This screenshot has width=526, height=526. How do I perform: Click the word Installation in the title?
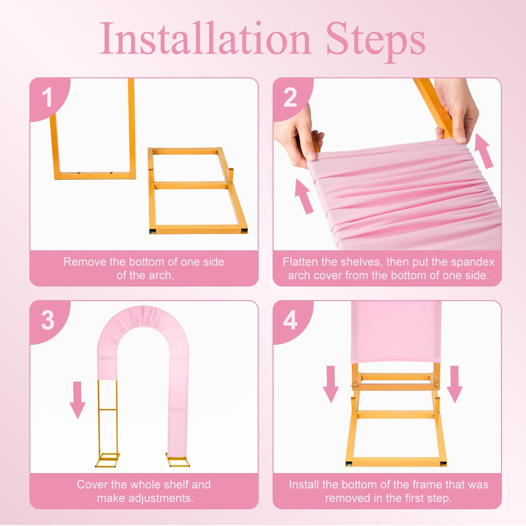(x=205, y=38)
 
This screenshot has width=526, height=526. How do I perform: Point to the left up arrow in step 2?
(x=304, y=196)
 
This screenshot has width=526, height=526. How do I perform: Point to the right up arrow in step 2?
(x=484, y=151)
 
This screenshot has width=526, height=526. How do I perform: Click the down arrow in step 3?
(x=78, y=400)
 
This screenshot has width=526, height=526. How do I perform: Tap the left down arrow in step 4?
(x=331, y=384)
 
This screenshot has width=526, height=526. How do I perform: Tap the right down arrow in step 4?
(x=455, y=384)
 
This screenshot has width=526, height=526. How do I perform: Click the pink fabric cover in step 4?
(x=396, y=332)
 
